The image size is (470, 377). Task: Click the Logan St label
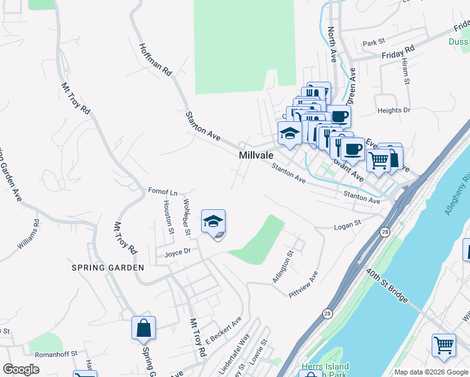coord(347,224)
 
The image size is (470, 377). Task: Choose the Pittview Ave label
coord(303,285)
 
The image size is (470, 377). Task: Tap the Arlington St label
coord(283,268)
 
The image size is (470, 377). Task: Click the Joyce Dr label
coord(177,253)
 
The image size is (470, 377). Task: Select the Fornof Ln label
coord(163,190)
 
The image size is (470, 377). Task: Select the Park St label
coord(373,43)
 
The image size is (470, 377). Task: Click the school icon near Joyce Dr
coord(213,222)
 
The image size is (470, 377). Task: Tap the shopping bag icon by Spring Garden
coord(143,328)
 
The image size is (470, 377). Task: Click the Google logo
coord(21,369)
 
